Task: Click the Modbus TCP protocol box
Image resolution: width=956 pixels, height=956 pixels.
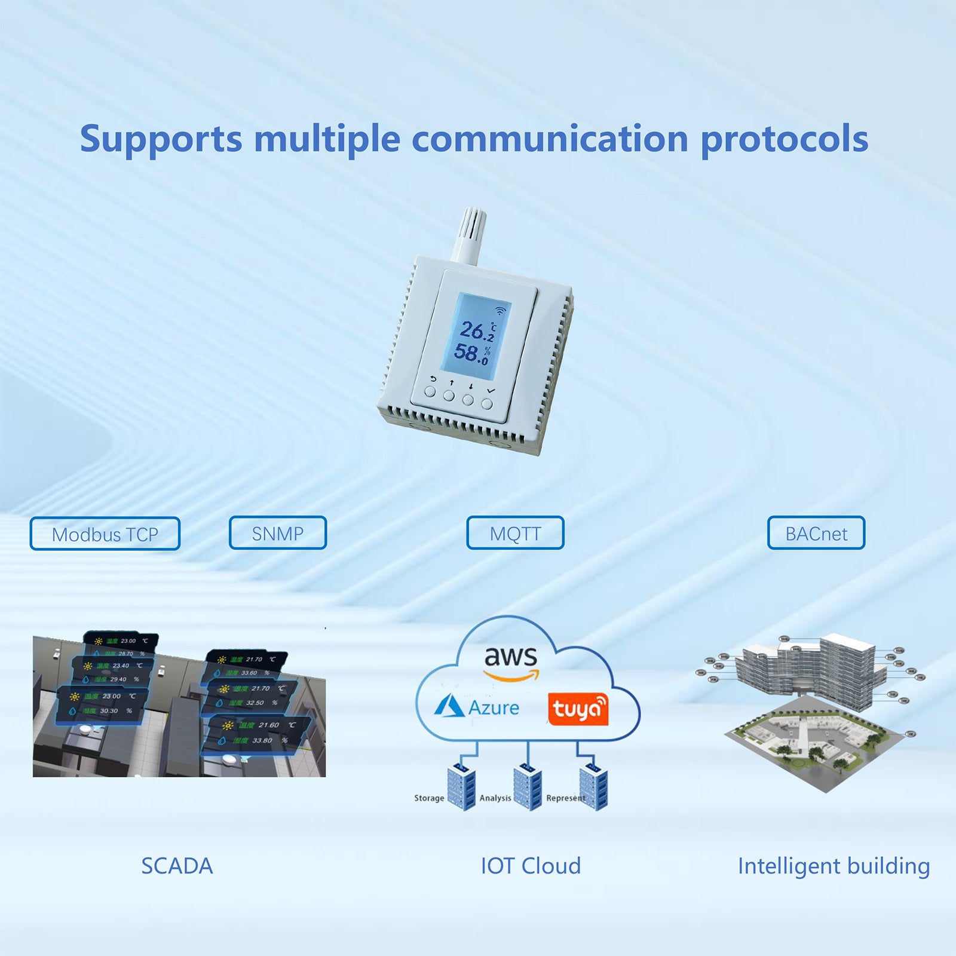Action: (x=105, y=534)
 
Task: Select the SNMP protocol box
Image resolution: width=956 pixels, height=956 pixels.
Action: (x=278, y=533)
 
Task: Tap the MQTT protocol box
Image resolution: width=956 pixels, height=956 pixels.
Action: (x=515, y=533)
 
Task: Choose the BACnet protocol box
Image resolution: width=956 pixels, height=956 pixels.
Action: (x=816, y=533)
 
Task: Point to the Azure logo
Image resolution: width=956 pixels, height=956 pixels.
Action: (x=476, y=707)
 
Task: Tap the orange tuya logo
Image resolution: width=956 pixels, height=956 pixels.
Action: (x=578, y=709)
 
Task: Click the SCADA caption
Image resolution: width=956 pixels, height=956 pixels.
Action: (x=177, y=866)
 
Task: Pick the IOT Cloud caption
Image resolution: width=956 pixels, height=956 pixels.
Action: (x=531, y=866)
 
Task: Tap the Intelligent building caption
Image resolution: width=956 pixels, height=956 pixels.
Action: (x=834, y=866)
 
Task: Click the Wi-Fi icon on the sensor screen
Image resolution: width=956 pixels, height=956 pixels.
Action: (x=500, y=311)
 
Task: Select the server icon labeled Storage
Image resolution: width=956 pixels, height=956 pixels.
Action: (x=461, y=788)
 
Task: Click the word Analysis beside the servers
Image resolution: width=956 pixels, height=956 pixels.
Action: (x=495, y=798)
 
